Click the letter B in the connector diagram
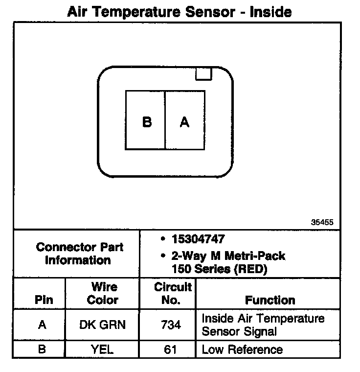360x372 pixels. point(147,121)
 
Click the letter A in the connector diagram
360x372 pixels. point(184,121)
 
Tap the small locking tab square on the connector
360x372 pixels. point(203,73)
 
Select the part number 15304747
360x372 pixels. point(198,239)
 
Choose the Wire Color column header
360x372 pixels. point(102,293)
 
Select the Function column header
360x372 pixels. point(270,300)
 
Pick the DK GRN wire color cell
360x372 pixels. point(102,325)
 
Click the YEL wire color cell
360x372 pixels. point(102,349)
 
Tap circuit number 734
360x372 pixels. point(170,325)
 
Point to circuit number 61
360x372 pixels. point(170,349)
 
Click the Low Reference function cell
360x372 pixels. point(242,349)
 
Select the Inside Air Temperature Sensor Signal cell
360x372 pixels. point(263,325)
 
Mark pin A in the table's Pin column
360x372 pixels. point(43,325)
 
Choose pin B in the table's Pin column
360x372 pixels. point(43,349)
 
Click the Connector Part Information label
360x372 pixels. point(79,254)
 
